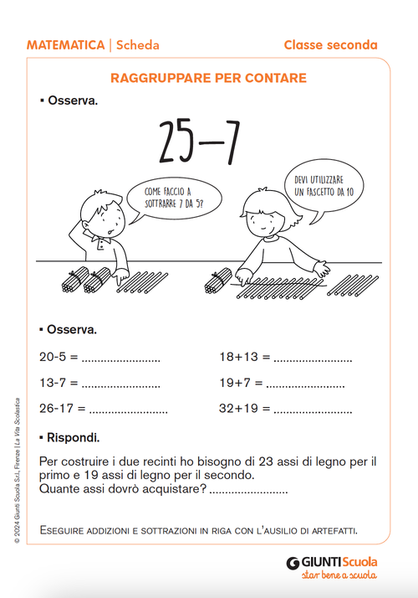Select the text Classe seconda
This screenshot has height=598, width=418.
coord(330,45)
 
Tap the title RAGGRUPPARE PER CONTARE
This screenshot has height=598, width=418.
coord(208,79)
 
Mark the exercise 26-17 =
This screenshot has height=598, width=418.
coord(62,410)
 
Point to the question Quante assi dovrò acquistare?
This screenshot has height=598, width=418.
coord(123,490)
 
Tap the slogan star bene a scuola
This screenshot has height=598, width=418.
coord(338,575)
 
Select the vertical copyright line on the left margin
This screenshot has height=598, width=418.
coord(17,469)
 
